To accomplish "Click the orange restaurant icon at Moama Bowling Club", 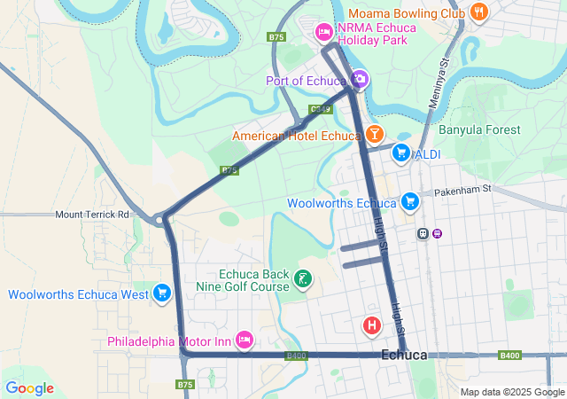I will pyautogui.click(x=480, y=12).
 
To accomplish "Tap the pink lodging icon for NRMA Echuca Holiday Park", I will pyautogui.click(x=324, y=33).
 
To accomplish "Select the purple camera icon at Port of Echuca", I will pyautogui.click(x=359, y=81).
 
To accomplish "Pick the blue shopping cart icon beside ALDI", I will pyautogui.click(x=401, y=153).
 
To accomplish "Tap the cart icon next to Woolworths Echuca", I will pyautogui.click(x=409, y=202).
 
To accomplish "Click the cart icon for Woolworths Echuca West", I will pyautogui.click(x=161, y=293).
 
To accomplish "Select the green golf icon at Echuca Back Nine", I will pyautogui.click(x=302, y=280).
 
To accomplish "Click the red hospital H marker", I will pyautogui.click(x=372, y=326).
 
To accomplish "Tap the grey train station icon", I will pyautogui.click(x=423, y=234).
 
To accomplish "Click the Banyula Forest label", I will pyautogui.click(x=479, y=129).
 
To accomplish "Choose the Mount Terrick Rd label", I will pyautogui.click(x=92, y=215).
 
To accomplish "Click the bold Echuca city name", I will pyautogui.click(x=404, y=356).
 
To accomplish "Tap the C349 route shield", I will pyautogui.click(x=321, y=109).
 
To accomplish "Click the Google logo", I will pyautogui.click(x=29, y=388).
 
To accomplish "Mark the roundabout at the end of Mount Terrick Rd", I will pyautogui.click(x=160, y=219).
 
